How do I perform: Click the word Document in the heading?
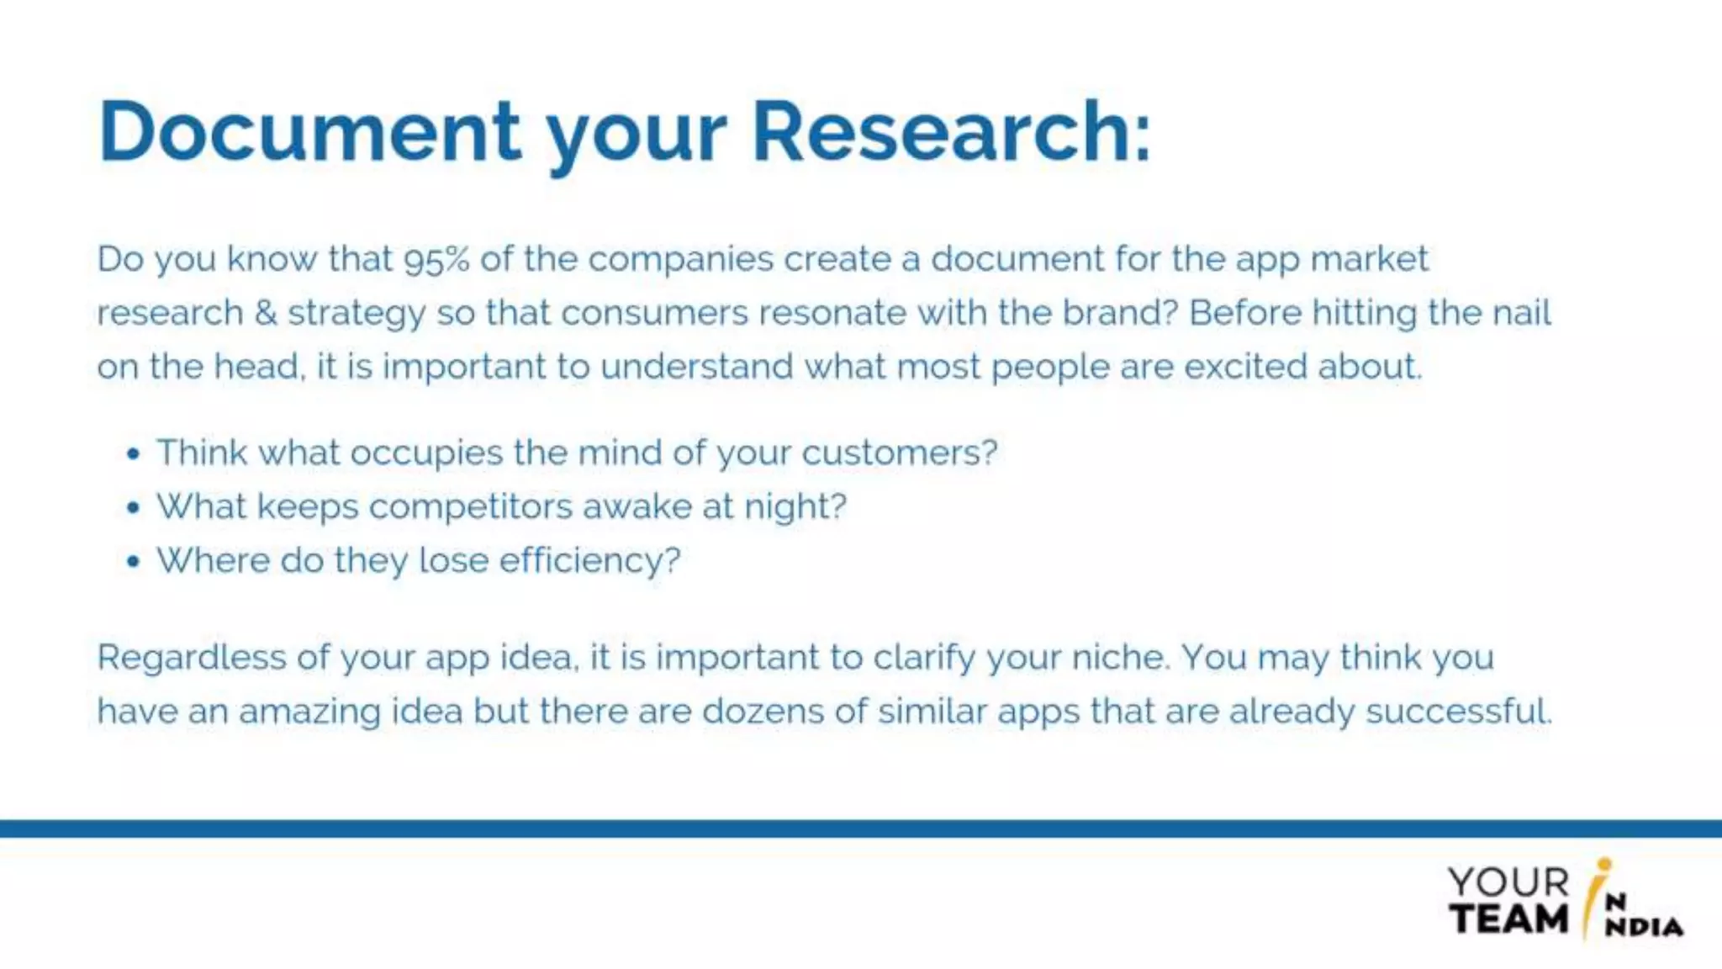[x=309, y=132]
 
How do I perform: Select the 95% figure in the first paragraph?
[x=436, y=259]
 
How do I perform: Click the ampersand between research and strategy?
[x=265, y=313]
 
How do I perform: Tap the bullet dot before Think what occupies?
[x=133, y=454]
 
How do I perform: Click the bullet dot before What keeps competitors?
[x=133, y=508]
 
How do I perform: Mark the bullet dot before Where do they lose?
[x=133, y=562]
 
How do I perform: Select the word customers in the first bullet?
[x=898, y=453]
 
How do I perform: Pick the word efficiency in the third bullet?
[x=589, y=561]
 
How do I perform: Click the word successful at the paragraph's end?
[x=1457, y=712]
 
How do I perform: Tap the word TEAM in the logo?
[x=1508, y=919]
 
